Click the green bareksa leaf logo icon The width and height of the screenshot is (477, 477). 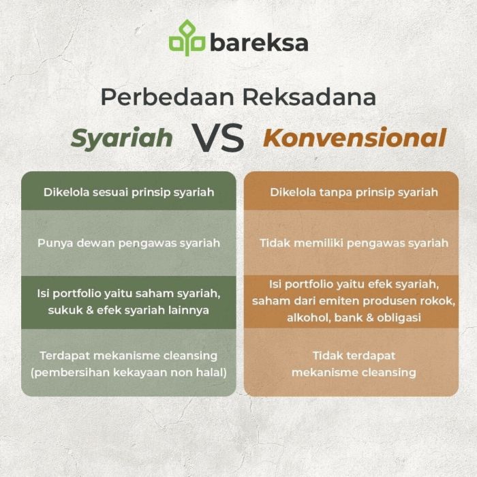[187, 39]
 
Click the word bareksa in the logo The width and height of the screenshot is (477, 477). [259, 42]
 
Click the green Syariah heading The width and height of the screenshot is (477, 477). [122, 138]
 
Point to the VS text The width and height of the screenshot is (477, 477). [217, 138]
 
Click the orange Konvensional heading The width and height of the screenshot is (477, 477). [354, 138]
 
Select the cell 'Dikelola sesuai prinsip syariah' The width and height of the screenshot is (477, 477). [129, 192]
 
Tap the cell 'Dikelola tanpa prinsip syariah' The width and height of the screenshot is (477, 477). [354, 192]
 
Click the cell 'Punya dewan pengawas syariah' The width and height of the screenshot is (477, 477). [129, 243]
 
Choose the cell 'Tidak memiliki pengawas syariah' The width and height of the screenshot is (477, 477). [354, 243]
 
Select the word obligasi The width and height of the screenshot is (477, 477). [397, 318]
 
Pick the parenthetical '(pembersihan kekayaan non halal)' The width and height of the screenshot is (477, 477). [129, 372]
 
